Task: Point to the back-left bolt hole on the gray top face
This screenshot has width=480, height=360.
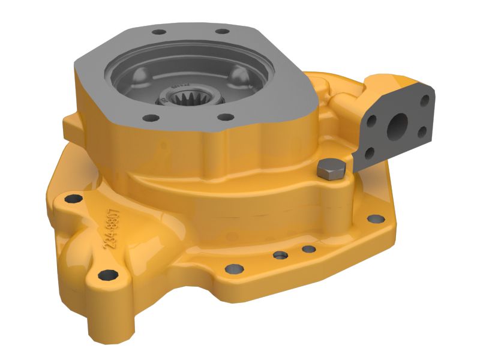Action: pyautogui.click(x=158, y=33)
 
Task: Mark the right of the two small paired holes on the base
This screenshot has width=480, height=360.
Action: pyautogui.click(x=308, y=248)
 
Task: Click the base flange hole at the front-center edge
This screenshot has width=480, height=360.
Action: pyautogui.click(x=230, y=269)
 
